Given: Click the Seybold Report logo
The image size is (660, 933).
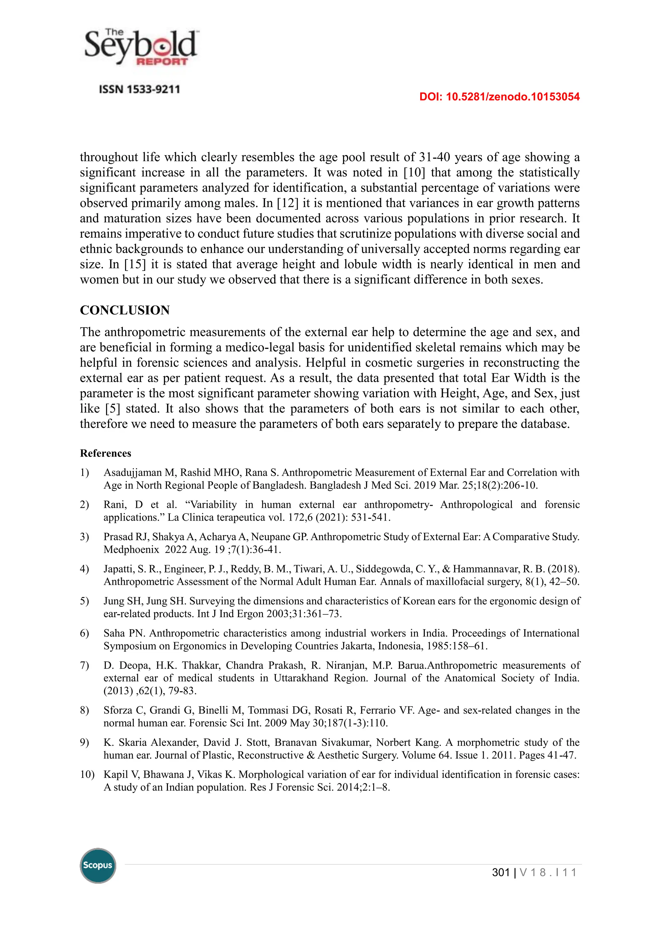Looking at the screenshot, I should click(141, 48).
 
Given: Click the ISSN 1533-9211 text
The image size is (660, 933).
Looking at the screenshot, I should click(140, 89).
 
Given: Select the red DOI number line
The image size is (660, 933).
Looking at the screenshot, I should click(499, 97).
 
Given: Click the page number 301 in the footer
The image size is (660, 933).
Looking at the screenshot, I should click(501, 872).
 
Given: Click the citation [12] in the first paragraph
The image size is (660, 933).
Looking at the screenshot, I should click(287, 203).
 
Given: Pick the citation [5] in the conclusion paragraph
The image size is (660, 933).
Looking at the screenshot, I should click(112, 409).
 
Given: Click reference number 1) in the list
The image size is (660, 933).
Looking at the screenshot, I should click(84, 473).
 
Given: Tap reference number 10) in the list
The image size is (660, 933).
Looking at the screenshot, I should click(87, 774).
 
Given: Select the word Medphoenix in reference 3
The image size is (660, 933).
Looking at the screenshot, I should click(131, 550).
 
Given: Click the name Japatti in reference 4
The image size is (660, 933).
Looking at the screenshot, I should click(118, 569).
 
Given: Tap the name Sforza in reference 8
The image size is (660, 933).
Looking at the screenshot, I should click(119, 710).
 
